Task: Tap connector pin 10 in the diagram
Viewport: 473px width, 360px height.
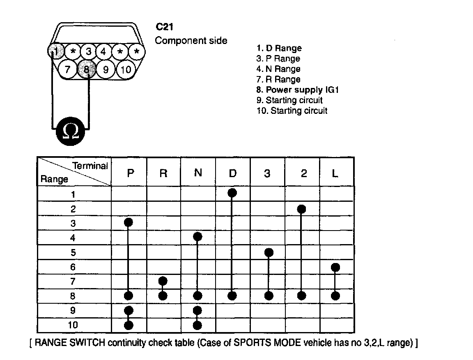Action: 126,69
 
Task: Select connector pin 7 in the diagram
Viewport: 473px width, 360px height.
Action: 68,69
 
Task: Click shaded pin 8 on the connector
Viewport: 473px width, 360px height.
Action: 87,69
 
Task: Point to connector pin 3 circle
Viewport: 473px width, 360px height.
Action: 88,52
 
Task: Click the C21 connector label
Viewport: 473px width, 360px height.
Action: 164,28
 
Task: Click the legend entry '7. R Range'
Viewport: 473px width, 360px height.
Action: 278,79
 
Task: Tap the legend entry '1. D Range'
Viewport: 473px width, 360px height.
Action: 279,48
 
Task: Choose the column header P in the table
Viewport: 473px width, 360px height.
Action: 130,173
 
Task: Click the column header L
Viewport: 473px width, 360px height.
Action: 335,173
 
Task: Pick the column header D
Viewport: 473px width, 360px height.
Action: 232,173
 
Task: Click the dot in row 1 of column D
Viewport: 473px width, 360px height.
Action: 232,193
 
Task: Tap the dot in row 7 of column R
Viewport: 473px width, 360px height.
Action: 163,281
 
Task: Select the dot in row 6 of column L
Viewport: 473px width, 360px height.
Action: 335,268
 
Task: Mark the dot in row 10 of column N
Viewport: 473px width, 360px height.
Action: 197,325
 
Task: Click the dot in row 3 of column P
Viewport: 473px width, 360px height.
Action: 129,222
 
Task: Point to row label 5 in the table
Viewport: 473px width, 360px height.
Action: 73,253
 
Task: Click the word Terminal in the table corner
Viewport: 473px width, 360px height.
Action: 90,166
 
